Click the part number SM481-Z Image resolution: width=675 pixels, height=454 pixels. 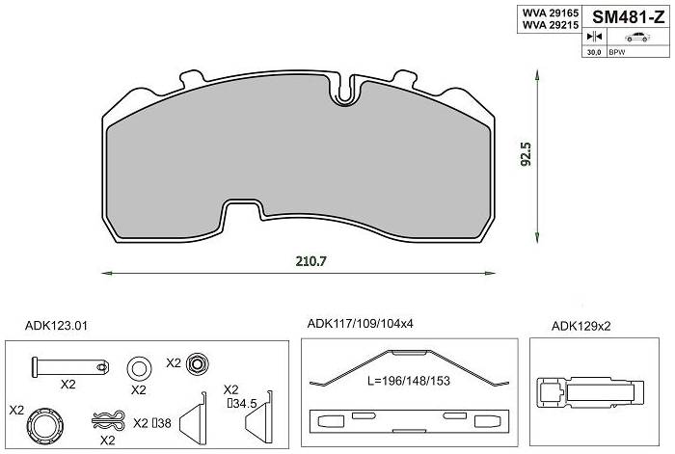click(x=629, y=17)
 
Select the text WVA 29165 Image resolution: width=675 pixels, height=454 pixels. click(x=551, y=13)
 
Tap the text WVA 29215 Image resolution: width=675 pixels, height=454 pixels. click(x=551, y=25)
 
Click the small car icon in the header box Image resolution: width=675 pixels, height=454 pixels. click(x=637, y=37)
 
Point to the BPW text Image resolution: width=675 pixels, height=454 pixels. click(x=617, y=52)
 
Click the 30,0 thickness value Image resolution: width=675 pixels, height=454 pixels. click(x=594, y=52)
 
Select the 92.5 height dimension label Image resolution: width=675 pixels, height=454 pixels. click(x=526, y=154)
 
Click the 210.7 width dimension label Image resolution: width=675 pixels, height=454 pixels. click(x=310, y=261)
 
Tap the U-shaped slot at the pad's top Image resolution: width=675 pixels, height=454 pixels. click(x=344, y=92)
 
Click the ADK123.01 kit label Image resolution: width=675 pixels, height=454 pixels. click(x=56, y=326)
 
